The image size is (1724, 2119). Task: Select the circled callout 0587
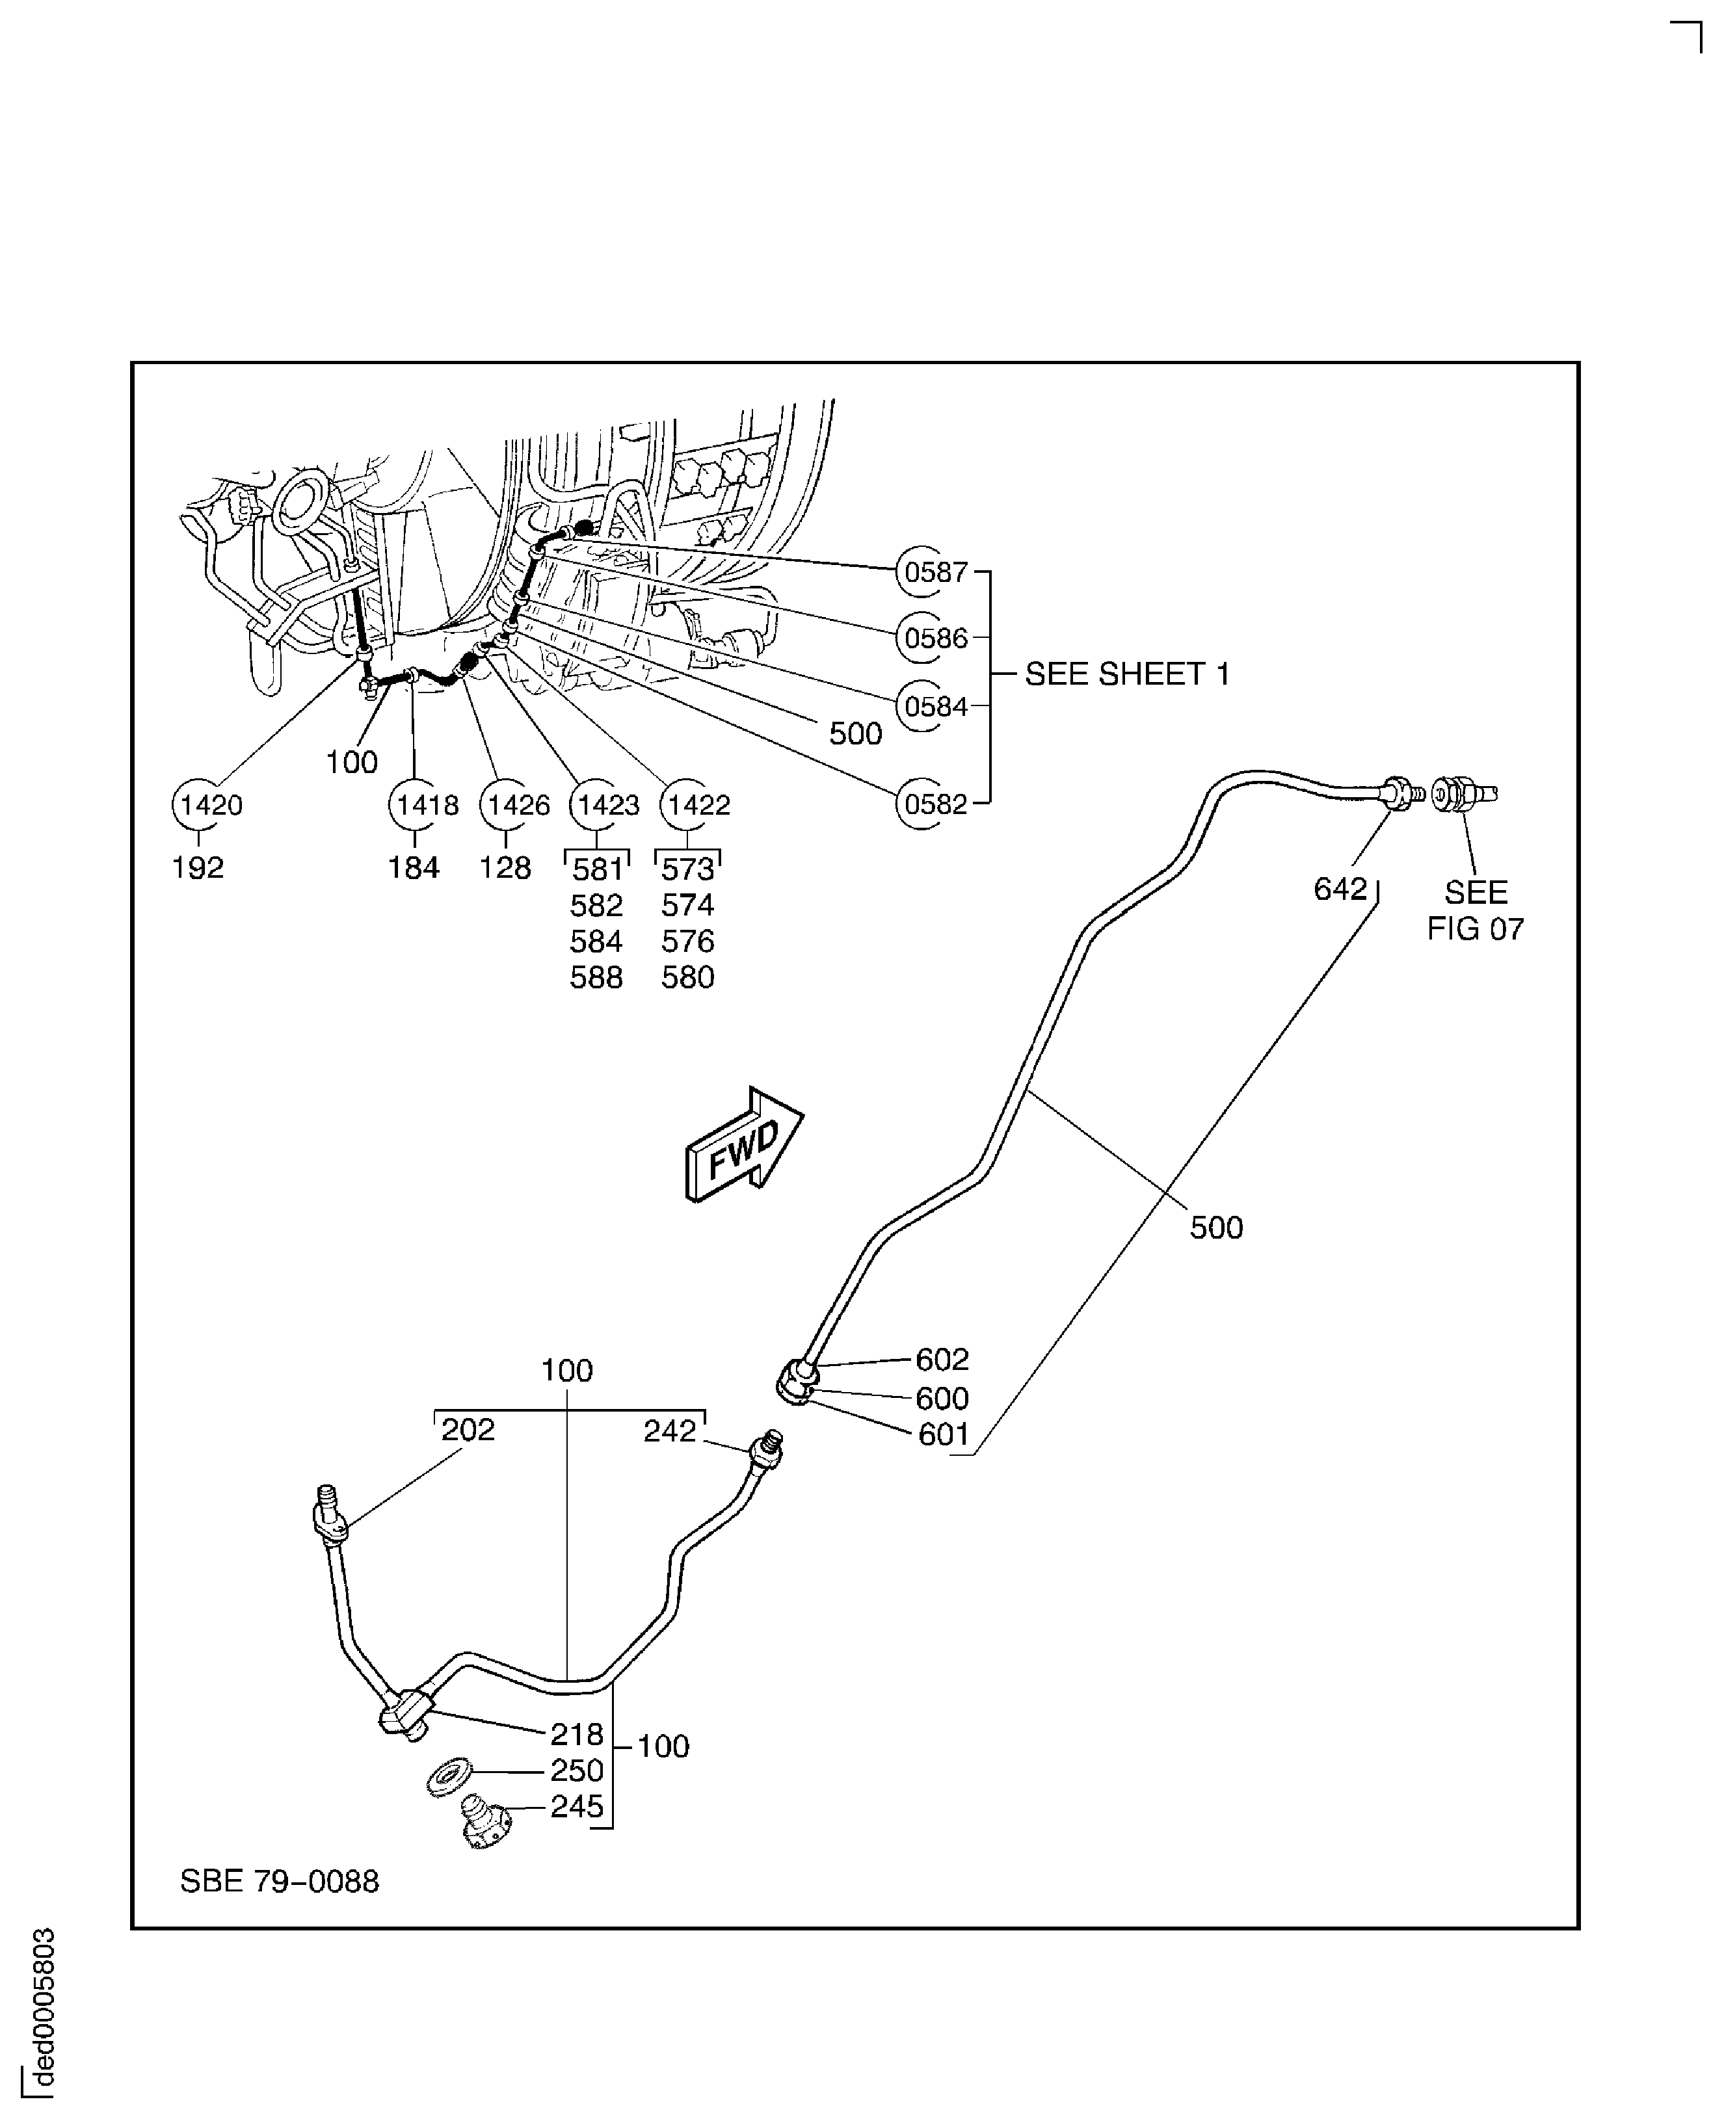pos(923,572)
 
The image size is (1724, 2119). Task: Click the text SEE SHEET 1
pos(1127,674)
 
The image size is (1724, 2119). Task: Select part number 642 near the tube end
pos(1340,889)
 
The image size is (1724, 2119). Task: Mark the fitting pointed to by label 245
pos(484,1823)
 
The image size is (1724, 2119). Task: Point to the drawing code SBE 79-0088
pos(279,1880)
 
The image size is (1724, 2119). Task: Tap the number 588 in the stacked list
pos(596,978)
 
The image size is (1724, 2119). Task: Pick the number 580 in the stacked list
pos(687,978)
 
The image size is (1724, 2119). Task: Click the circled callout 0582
pos(923,803)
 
